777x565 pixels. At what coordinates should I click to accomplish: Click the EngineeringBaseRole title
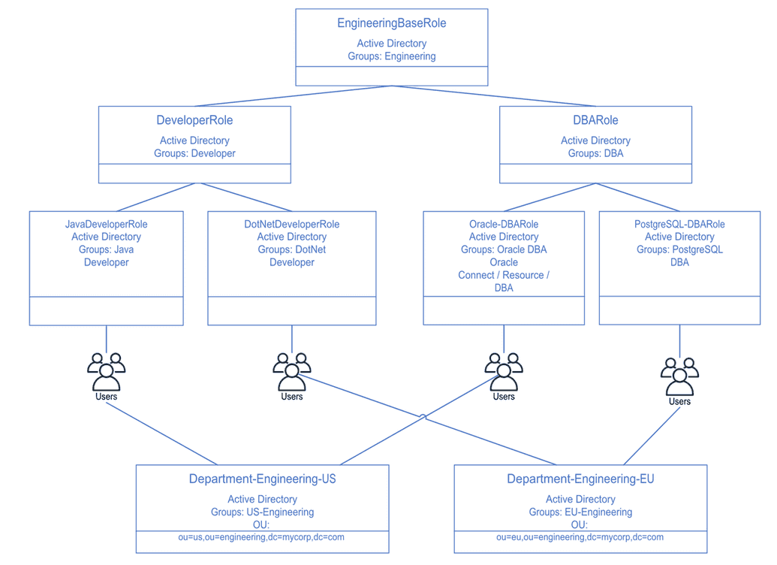pyautogui.click(x=391, y=23)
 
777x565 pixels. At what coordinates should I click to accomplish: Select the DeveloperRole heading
pyautogui.click(x=194, y=120)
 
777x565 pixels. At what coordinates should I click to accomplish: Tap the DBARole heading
pyautogui.click(x=595, y=120)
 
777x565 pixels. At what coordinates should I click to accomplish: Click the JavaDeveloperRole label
pyautogui.click(x=106, y=224)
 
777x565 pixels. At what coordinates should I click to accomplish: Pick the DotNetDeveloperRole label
pyautogui.click(x=291, y=224)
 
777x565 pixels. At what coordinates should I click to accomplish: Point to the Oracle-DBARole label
pyautogui.click(x=504, y=224)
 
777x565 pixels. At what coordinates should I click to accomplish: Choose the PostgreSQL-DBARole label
pyautogui.click(x=679, y=224)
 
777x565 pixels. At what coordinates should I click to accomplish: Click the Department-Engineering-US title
pyautogui.click(x=262, y=479)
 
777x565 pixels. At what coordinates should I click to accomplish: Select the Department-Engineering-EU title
pyautogui.click(x=580, y=479)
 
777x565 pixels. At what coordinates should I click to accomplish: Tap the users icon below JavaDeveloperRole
pyautogui.click(x=106, y=370)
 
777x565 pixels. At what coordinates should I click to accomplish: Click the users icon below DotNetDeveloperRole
pyautogui.click(x=291, y=370)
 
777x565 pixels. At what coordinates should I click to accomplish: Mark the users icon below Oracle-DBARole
pyautogui.click(x=504, y=370)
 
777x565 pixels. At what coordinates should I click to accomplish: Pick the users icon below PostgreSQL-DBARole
pyautogui.click(x=679, y=375)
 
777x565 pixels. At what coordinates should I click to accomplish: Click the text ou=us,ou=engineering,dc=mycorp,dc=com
pyautogui.click(x=262, y=537)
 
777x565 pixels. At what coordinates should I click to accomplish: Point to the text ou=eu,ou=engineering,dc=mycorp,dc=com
pyautogui.click(x=580, y=537)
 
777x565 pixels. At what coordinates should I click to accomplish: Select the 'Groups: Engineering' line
pyautogui.click(x=391, y=56)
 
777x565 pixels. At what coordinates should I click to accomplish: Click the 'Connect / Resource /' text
pyautogui.click(x=504, y=275)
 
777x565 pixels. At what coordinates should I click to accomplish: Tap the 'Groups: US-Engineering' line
pyautogui.click(x=262, y=512)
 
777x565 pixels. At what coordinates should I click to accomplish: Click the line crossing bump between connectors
pyautogui.click(x=423, y=416)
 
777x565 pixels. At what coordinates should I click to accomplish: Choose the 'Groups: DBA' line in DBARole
pyautogui.click(x=595, y=153)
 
